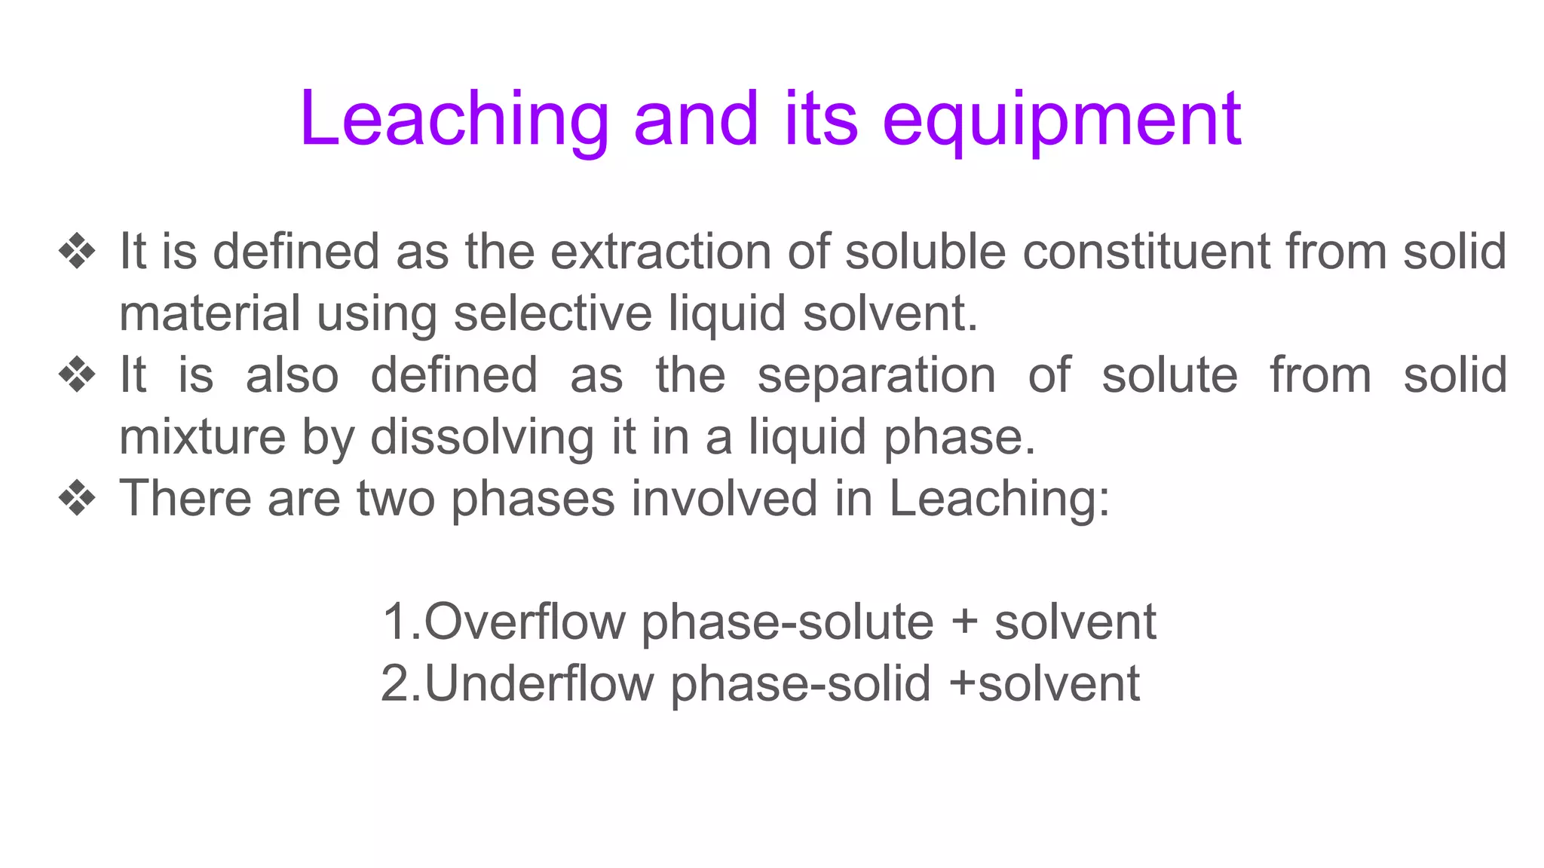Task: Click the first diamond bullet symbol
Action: (x=78, y=251)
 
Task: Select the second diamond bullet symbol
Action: (x=78, y=374)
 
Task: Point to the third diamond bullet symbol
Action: (x=78, y=498)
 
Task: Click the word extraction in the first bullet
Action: (x=660, y=251)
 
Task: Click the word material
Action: (x=210, y=313)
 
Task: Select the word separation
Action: (x=876, y=374)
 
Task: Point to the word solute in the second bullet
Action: (x=1169, y=374)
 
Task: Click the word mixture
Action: (x=202, y=436)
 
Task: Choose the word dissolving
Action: (x=482, y=438)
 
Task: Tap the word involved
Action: (x=725, y=498)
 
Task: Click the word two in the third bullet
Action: (x=396, y=498)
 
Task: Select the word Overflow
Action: (x=525, y=622)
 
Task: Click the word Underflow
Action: (x=539, y=683)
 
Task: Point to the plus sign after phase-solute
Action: (x=964, y=623)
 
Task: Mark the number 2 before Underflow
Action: (x=395, y=683)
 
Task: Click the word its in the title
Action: (x=820, y=119)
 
